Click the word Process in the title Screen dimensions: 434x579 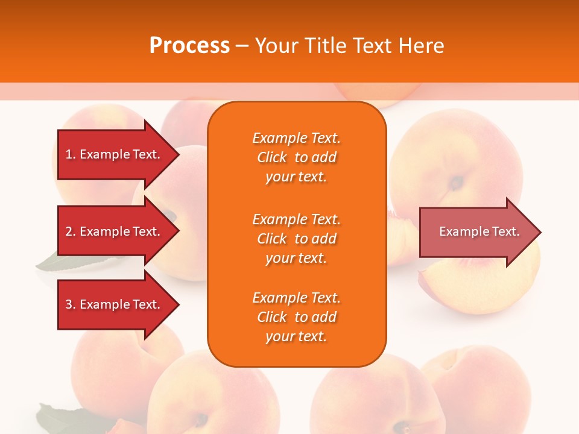tap(189, 46)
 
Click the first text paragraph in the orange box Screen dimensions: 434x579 tap(296, 157)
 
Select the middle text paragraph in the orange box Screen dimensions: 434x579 tap(296, 239)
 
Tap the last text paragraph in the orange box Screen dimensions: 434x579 tap(296, 317)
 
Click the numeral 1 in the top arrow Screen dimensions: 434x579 tap(69, 154)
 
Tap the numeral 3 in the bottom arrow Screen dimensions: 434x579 tap(69, 304)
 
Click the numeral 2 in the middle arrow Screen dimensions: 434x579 tap(69, 231)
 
